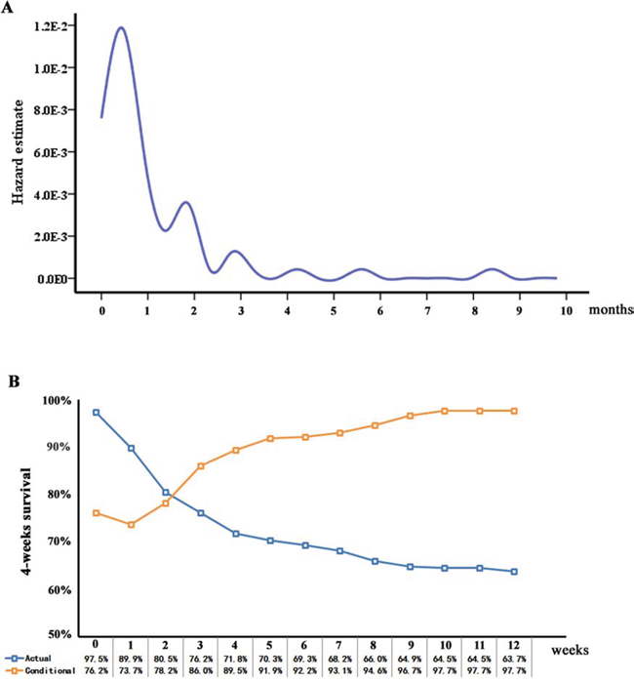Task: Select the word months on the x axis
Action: (x=612, y=310)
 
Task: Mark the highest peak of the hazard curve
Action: (x=121, y=27)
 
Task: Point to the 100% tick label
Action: (x=59, y=401)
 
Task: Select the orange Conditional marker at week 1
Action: (x=130, y=524)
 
